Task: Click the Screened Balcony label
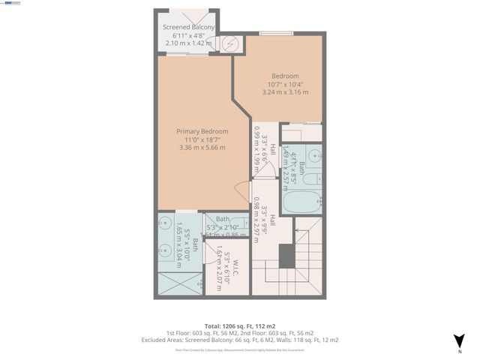coord(189,28)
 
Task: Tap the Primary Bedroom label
coord(202,131)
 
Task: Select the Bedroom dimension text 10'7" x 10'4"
coord(285,84)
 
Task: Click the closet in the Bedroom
coord(304,132)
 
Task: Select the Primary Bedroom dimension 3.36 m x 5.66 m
coord(202,148)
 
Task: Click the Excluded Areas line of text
coord(240,340)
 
